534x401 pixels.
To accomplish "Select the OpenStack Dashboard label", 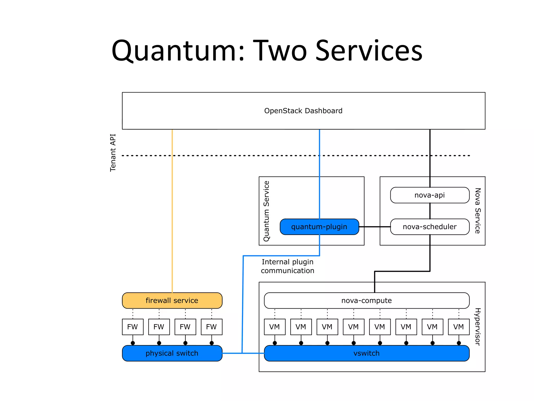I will point(303,111).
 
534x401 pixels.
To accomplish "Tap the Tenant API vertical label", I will point(113,153).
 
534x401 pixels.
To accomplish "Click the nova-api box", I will point(429,195).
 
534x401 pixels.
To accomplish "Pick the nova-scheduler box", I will point(429,227).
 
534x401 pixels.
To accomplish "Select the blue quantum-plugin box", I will point(319,227).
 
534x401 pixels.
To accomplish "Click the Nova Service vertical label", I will point(477,211).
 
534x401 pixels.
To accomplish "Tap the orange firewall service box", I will point(172,300).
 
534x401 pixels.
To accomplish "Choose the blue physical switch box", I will point(172,353).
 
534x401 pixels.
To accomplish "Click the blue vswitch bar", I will point(366,353).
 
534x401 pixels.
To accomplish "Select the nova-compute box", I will point(366,300).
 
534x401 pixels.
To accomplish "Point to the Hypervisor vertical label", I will point(477,327).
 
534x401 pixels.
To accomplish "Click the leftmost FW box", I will point(133,327).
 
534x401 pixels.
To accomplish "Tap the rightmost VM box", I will point(458,327).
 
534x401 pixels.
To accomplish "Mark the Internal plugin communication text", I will point(288,266).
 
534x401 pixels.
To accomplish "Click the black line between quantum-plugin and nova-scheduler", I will point(375,227).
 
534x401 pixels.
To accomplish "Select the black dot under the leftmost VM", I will point(275,343).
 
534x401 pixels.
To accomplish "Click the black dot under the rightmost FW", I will point(211,343).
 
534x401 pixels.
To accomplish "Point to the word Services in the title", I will point(369,51).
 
